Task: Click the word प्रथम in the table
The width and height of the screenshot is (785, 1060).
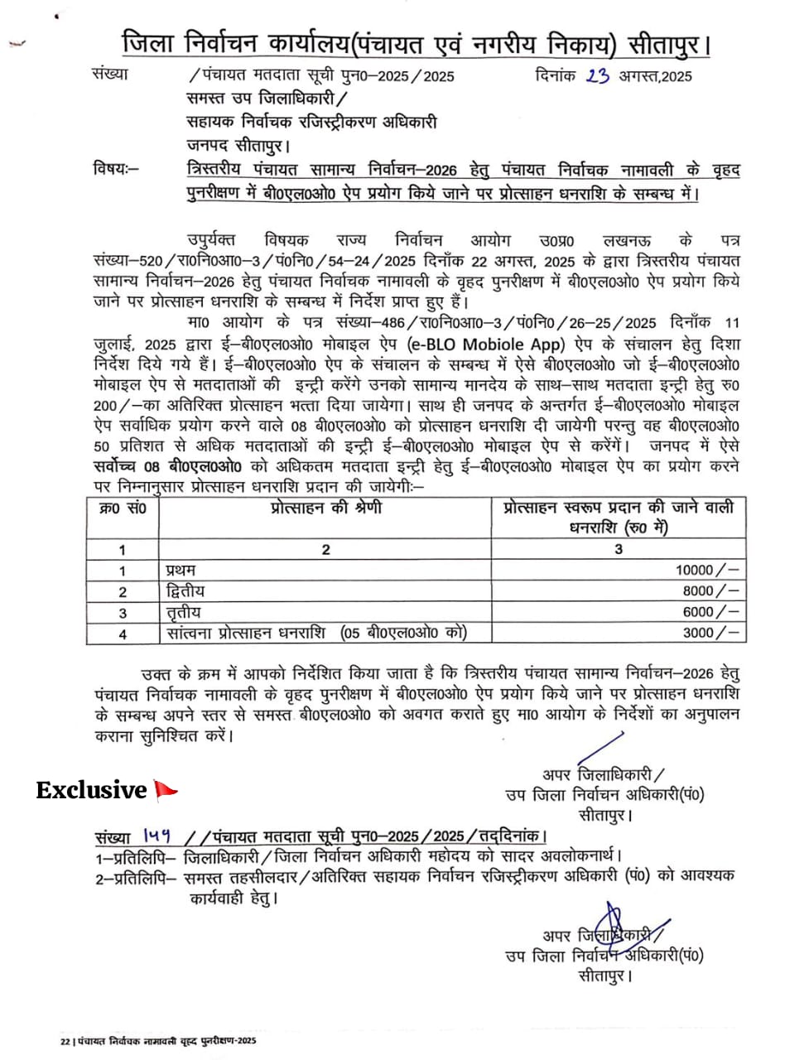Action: click(x=181, y=570)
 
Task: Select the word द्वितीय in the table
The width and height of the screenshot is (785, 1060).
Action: click(x=185, y=590)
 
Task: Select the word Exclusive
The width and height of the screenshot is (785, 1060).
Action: click(x=91, y=791)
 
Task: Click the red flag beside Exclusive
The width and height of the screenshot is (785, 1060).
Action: click(x=166, y=791)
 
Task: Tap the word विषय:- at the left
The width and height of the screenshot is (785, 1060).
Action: click(x=117, y=171)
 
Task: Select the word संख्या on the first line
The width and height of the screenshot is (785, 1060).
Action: click(x=110, y=75)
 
